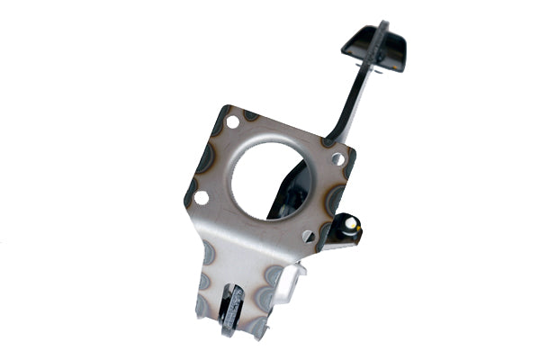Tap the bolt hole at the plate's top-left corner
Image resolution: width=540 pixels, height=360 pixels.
coord(232,121)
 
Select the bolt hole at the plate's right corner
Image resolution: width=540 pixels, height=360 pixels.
coord(337,158)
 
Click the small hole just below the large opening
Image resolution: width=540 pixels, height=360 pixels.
coord(308,236)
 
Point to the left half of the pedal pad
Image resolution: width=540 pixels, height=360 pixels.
coord(357,41)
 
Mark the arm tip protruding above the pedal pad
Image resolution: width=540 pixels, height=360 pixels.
coord(383,27)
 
